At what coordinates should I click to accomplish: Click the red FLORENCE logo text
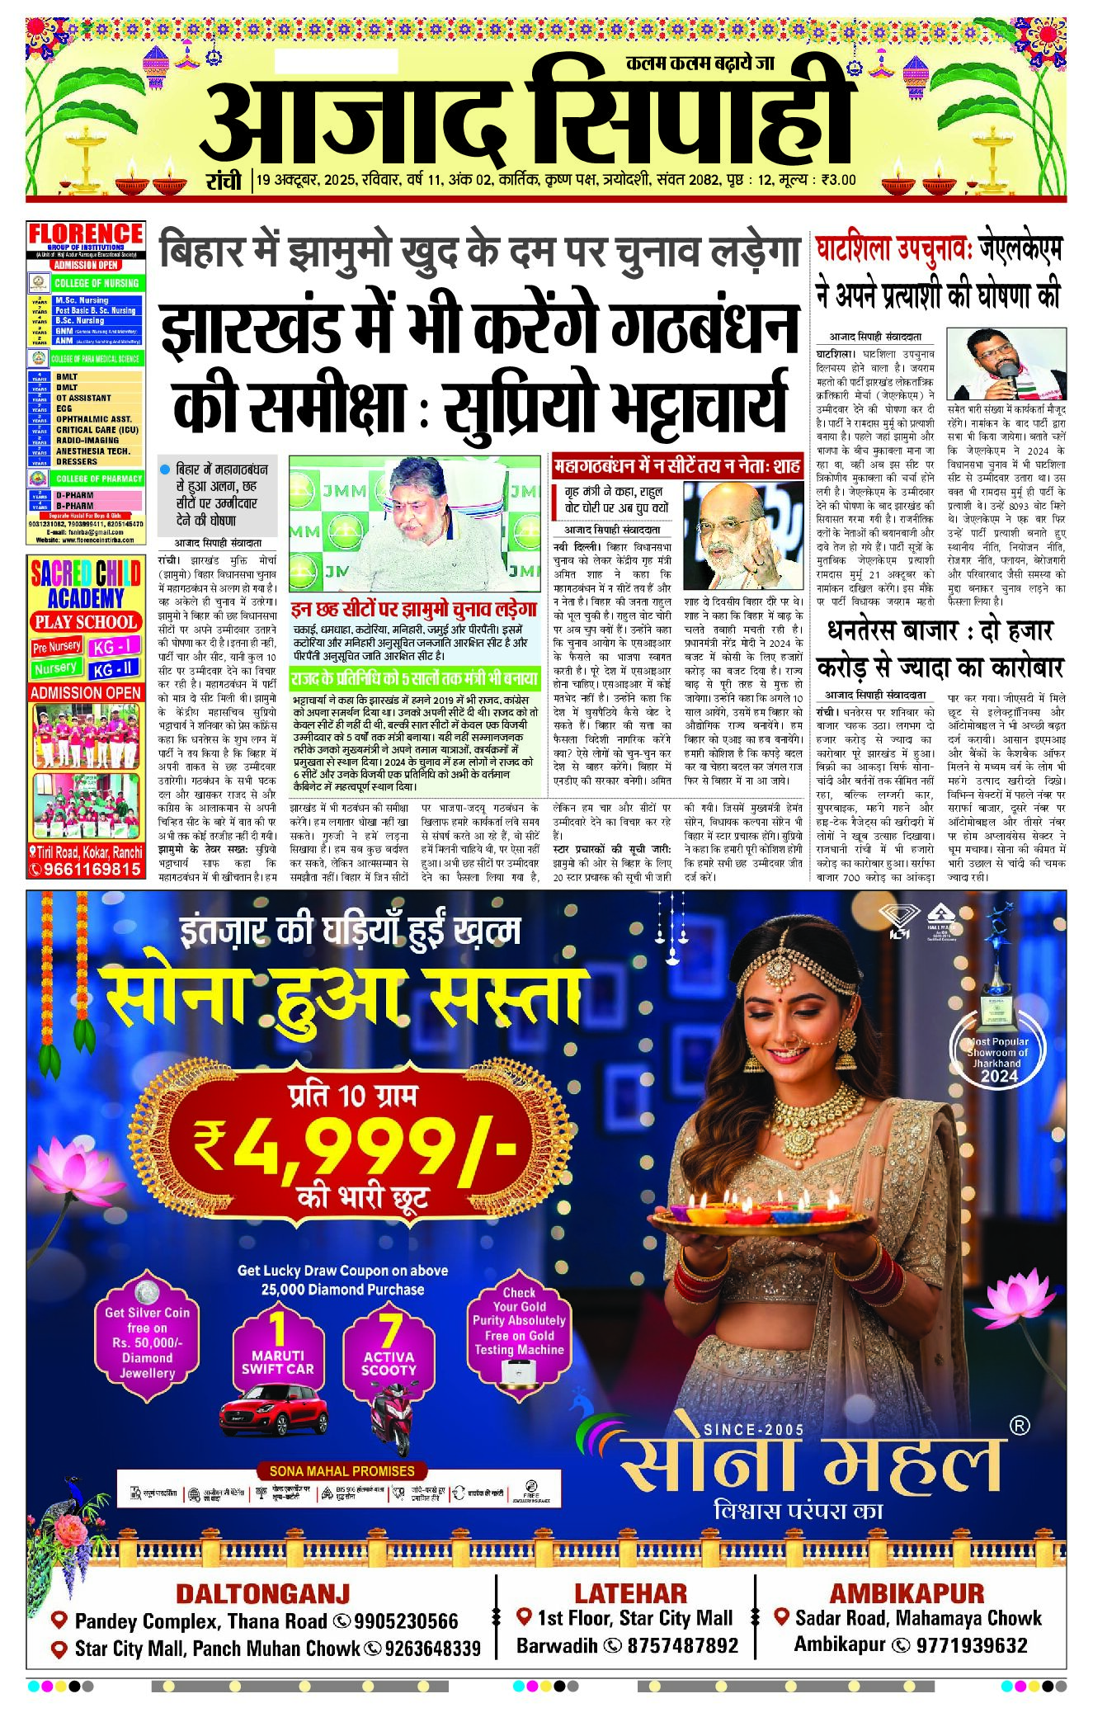pyautogui.click(x=86, y=234)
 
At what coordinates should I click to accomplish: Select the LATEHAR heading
pyautogui.click(x=630, y=1592)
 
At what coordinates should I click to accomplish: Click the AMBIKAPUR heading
pyautogui.click(x=907, y=1592)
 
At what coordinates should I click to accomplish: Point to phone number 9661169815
pyautogui.click(x=92, y=869)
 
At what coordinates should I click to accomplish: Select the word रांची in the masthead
pyautogui.click(x=224, y=181)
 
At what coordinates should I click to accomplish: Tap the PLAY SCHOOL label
pyautogui.click(x=85, y=622)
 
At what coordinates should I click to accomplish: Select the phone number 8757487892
pyautogui.click(x=682, y=1645)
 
